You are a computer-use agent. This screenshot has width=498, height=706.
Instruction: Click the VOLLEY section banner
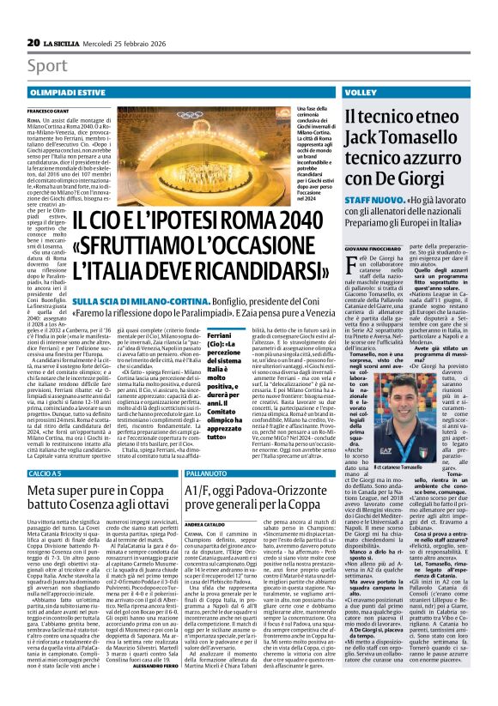361,90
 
